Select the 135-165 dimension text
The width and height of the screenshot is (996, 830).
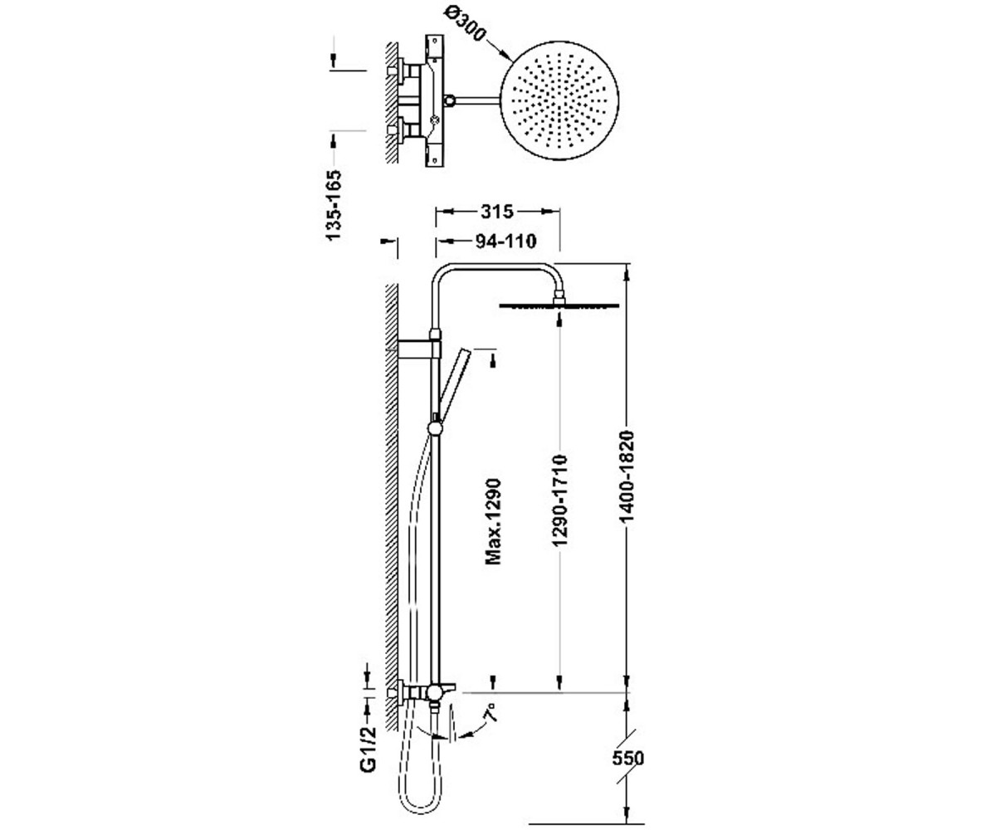point(334,205)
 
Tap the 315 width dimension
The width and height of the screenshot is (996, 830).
point(496,212)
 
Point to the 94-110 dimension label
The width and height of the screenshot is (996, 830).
point(506,242)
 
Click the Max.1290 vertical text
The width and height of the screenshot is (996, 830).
point(493,522)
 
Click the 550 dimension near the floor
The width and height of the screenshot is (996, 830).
point(627,758)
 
